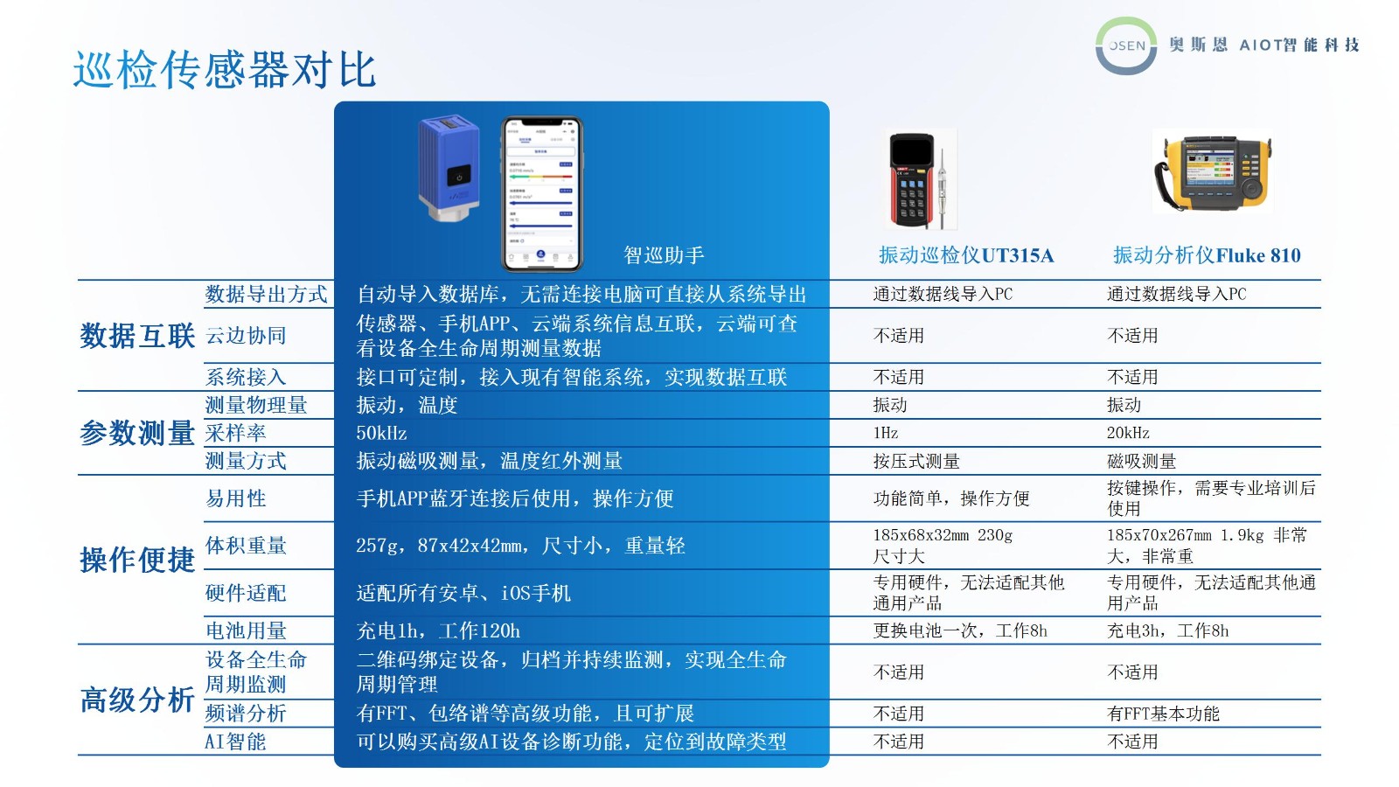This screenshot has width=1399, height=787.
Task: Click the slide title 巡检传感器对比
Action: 224,69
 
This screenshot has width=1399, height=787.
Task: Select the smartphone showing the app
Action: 542,194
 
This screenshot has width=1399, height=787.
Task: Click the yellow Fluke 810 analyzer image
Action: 1212,171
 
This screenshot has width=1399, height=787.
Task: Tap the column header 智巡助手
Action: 664,254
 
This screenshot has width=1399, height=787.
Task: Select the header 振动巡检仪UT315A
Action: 966,254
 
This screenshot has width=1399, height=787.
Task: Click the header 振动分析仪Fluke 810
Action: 1207,254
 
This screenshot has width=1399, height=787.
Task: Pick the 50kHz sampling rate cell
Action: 381,433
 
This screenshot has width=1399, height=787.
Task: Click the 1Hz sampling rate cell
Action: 886,433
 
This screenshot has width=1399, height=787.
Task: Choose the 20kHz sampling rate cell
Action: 1128,433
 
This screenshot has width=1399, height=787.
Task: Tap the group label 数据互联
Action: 137,336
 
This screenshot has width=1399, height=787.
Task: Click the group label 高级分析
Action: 137,700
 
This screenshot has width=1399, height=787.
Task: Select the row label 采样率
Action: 235,433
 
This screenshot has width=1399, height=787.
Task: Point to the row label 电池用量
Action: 246,630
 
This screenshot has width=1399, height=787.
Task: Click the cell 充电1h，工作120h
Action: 438,630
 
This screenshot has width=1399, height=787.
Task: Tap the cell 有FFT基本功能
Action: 1163,714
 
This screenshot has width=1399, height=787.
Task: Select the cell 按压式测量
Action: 916,462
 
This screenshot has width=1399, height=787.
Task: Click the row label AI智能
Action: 235,742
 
